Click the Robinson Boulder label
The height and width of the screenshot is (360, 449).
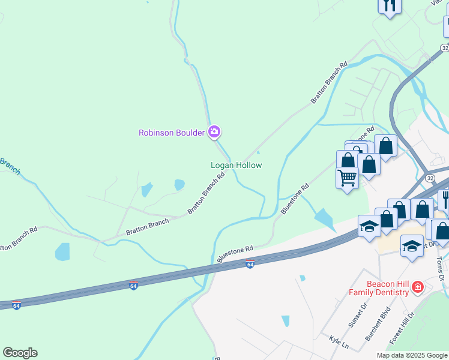point(172,133)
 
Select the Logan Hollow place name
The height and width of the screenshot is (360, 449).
point(236,165)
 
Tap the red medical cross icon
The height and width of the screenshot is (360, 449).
point(416,289)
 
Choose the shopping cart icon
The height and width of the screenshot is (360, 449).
point(347,178)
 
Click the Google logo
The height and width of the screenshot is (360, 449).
point(20,353)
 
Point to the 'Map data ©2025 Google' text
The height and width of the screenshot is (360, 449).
point(411,355)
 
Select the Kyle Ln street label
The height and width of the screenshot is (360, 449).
point(339,340)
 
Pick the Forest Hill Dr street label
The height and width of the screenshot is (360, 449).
point(402,328)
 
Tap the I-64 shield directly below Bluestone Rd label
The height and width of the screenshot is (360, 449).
point(250,264)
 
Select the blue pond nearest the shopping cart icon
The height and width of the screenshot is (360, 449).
point(325,220)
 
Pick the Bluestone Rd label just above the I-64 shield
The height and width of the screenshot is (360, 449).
point(235,252)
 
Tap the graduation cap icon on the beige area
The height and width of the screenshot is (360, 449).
point(412,247)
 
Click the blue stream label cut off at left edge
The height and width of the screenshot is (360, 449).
point(9,166)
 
